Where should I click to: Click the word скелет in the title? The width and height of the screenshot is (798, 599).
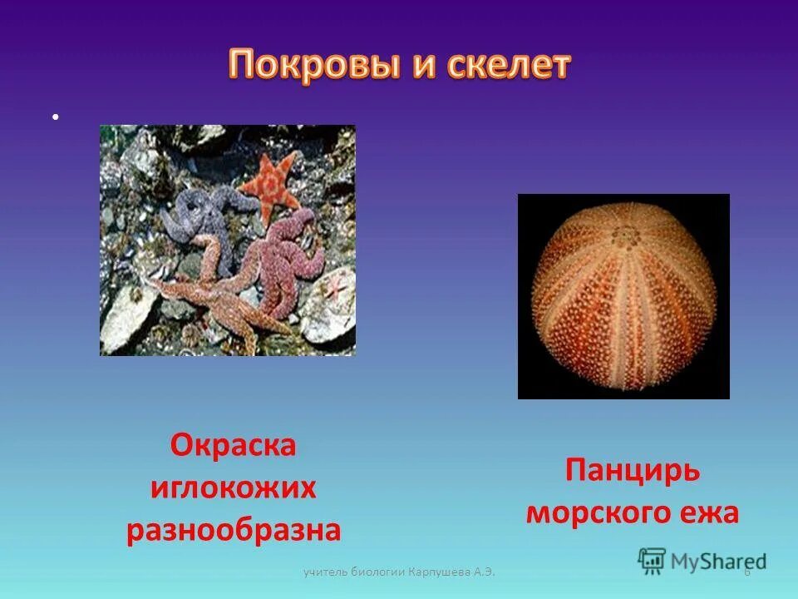point(510,65)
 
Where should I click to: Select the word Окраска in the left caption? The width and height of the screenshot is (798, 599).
point(234,445)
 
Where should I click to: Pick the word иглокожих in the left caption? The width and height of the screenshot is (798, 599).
point(234,488)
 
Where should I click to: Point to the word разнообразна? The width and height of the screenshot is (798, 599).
point(234,530)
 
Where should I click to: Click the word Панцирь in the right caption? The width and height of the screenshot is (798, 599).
point(633,471)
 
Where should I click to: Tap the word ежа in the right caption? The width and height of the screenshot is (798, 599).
point(708,512)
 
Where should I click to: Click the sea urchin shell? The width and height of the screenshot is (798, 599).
point(624,297)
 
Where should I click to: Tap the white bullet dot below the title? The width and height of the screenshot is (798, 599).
point(55,117)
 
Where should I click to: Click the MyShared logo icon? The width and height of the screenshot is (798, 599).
point(652,561)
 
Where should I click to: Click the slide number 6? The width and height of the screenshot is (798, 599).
point(746,572)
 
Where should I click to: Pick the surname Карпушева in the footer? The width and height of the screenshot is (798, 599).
point(445,572)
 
